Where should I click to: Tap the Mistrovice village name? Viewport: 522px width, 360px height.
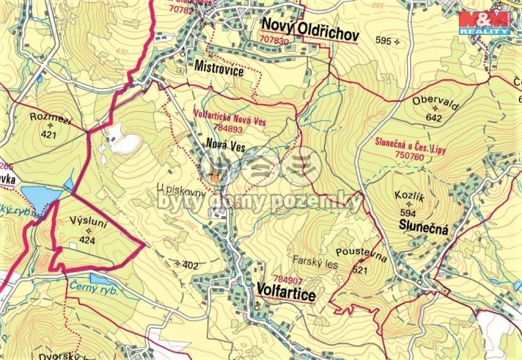coord(218,66)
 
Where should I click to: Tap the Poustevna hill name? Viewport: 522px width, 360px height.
coord(361,258)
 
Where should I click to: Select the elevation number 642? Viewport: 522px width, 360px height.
coord(434,118)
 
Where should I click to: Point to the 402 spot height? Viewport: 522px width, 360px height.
coord(190,266)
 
